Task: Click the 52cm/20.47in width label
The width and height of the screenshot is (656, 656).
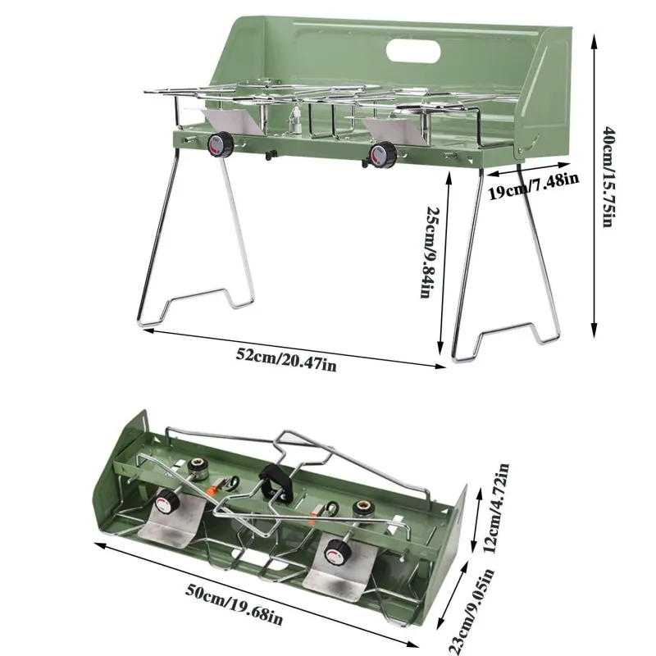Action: (286, 360)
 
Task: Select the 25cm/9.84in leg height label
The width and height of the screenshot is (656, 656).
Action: (429, 252)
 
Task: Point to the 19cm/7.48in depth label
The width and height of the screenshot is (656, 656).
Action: (534, 185)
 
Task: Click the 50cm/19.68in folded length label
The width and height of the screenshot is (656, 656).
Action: (234, 604)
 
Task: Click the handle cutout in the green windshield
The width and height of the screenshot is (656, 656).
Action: (413, 52)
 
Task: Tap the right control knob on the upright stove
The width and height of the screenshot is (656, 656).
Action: (383, 155)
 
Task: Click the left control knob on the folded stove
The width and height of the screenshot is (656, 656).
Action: (167, 502)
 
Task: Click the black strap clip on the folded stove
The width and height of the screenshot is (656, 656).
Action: (275, 482)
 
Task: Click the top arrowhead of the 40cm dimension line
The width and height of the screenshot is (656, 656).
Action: (593, 39)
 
